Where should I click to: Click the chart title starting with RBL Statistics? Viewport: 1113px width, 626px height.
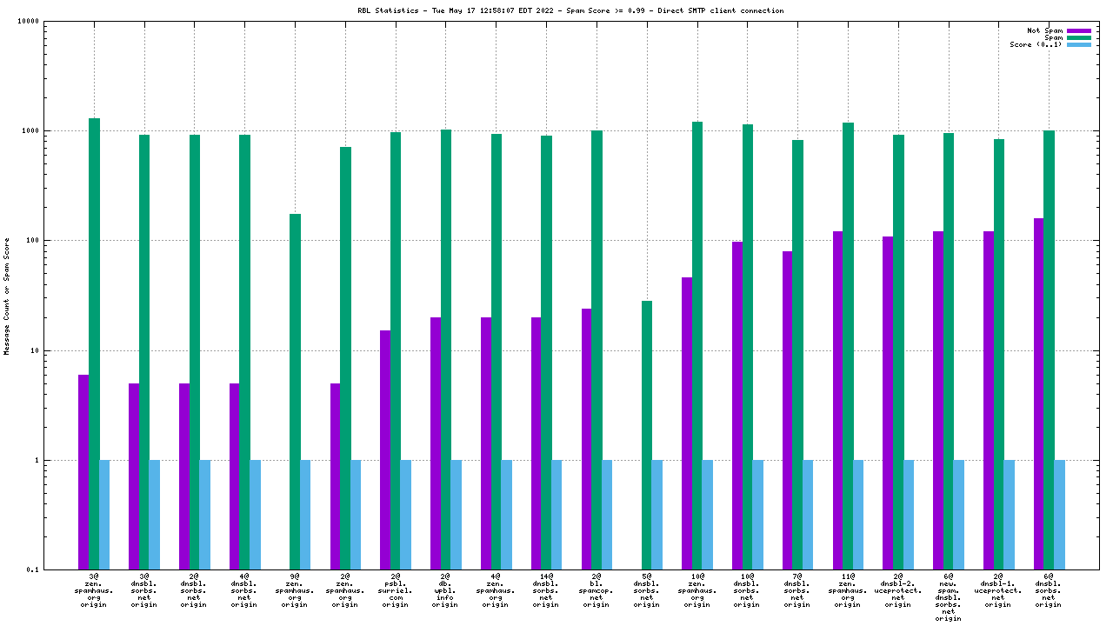pyautogui.click(x=557, y=11)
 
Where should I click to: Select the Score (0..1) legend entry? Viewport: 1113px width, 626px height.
pyautogui.click(x=1035, y=44)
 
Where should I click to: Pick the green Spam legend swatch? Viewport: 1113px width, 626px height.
pyautogui.click(x=1078, y=37)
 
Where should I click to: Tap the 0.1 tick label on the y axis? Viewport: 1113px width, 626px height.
pyautogui.click(x=58, y=570)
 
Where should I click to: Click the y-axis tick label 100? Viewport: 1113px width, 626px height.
pyautogui.click(x=57, y=241)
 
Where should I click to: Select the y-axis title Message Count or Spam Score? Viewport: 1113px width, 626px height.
pyautogui.click(x=7, y=296)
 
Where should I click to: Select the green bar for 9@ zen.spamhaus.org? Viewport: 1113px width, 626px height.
pyautogui.click(x=295, y=391)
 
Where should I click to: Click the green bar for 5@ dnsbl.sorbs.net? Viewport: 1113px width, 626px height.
pyautogui.click(x=647, y=435)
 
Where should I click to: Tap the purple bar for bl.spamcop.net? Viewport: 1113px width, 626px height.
pyautogui.click(x=586, y=439)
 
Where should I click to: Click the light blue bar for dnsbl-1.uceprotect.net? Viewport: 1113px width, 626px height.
pyautogui.click(x=1010, y=515)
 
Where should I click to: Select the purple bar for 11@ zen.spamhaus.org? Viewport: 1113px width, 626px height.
pyautogui.click(x=838, y=400)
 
